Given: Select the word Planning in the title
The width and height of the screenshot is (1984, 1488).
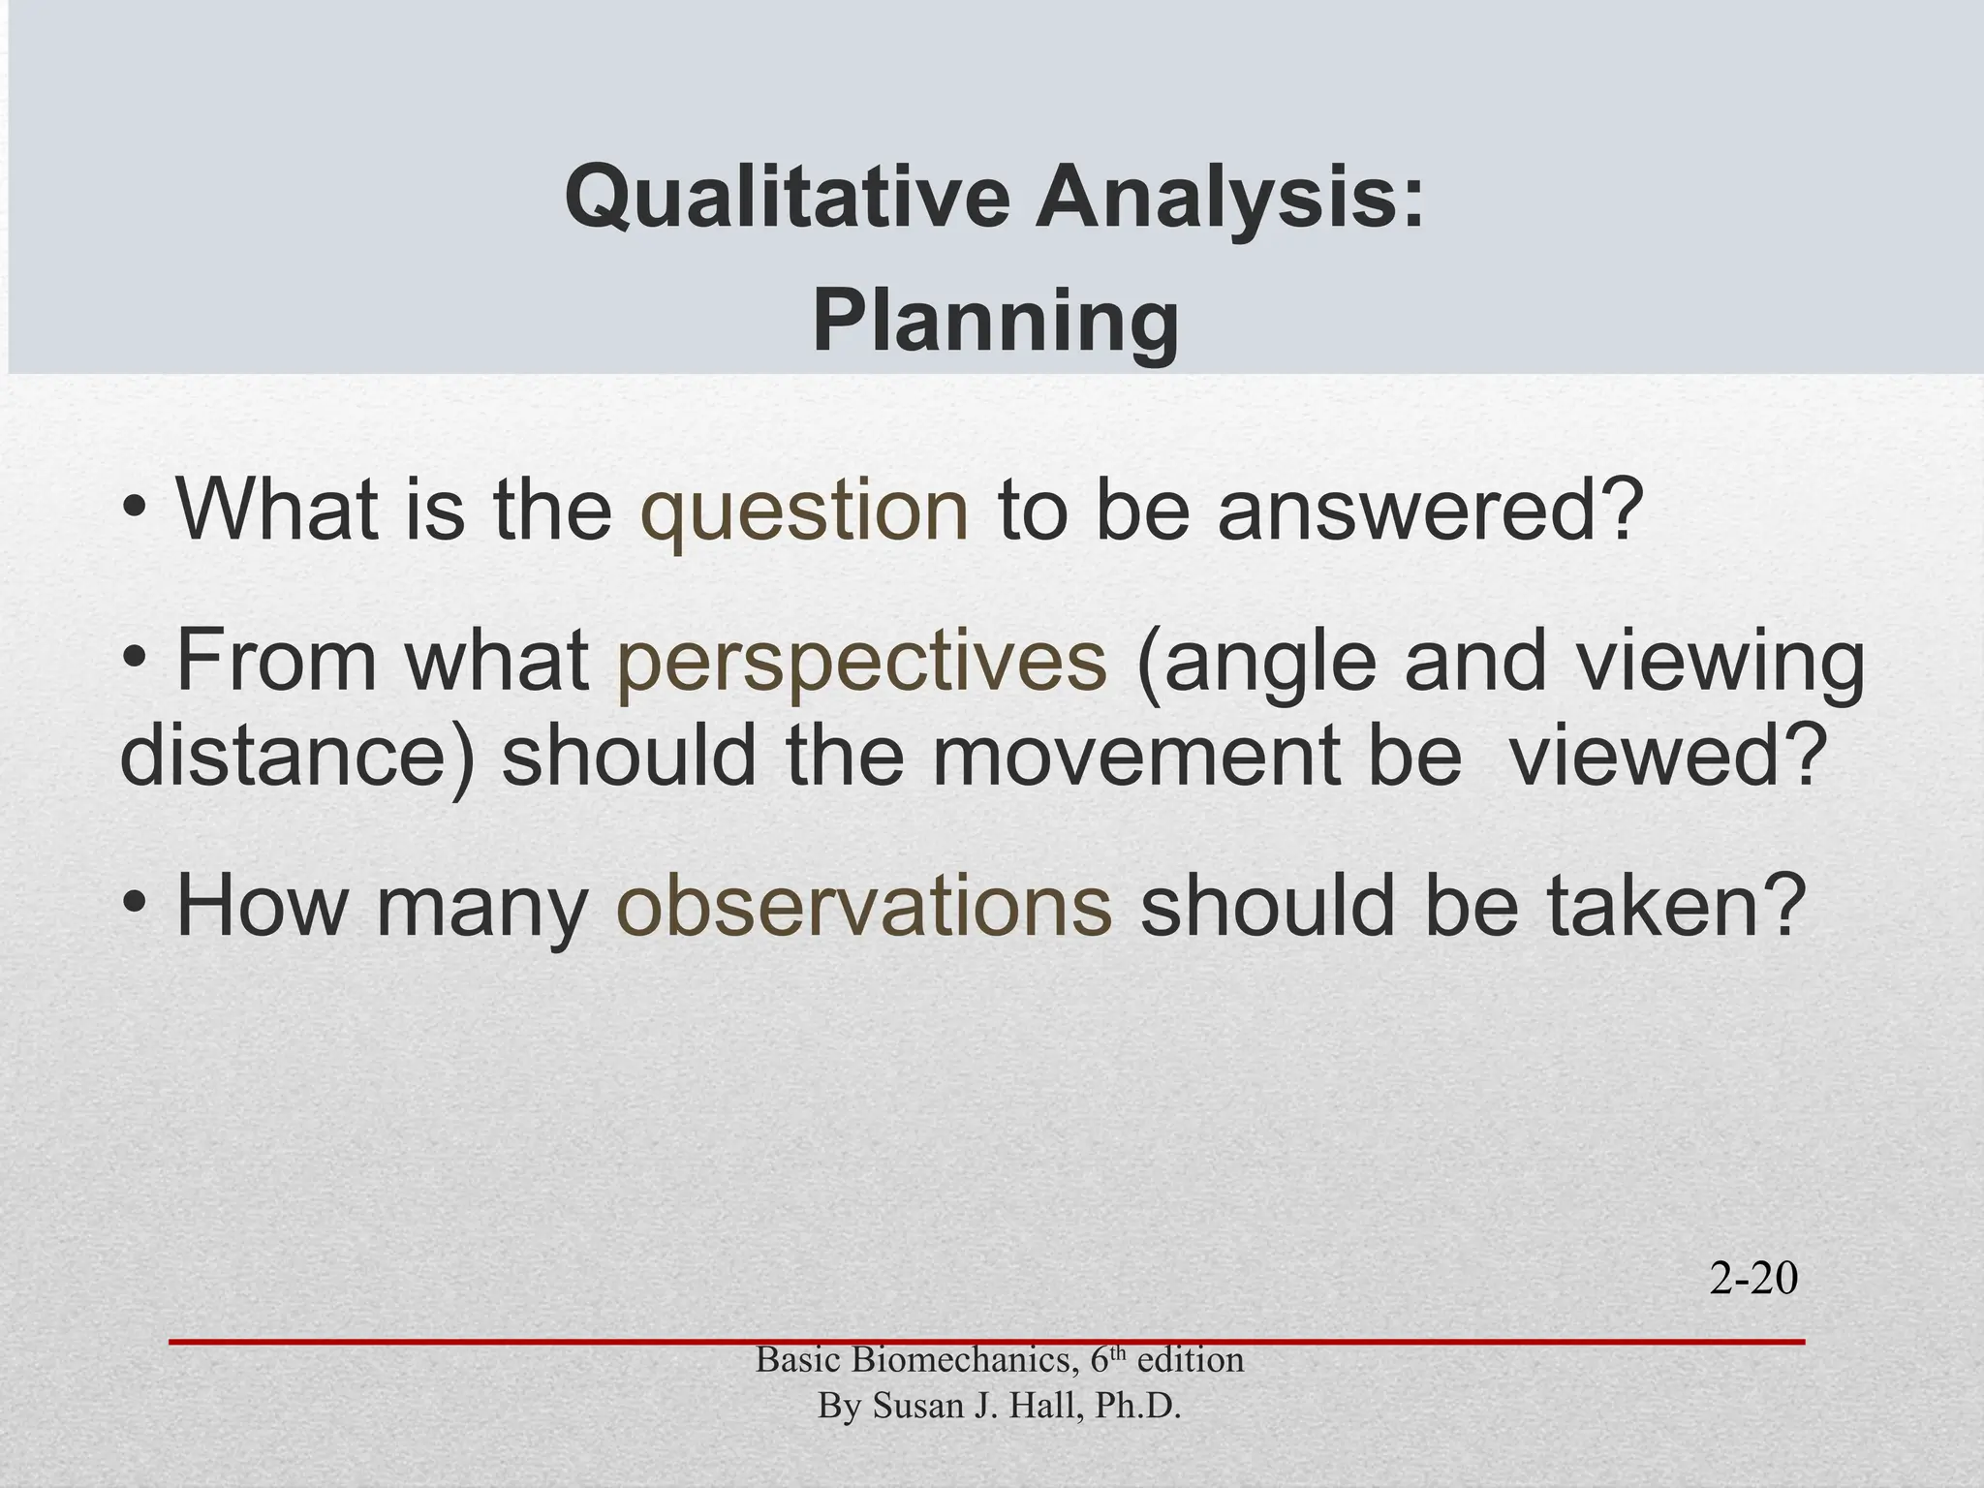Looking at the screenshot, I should [x=995, y=323].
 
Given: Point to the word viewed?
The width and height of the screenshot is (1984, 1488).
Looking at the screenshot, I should [x=1662, y=756].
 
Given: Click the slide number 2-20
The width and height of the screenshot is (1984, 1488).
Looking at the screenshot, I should [x=1753, y=1281].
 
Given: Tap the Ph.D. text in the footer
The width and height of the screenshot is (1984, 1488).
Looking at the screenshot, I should [x=1137, y=1406].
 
